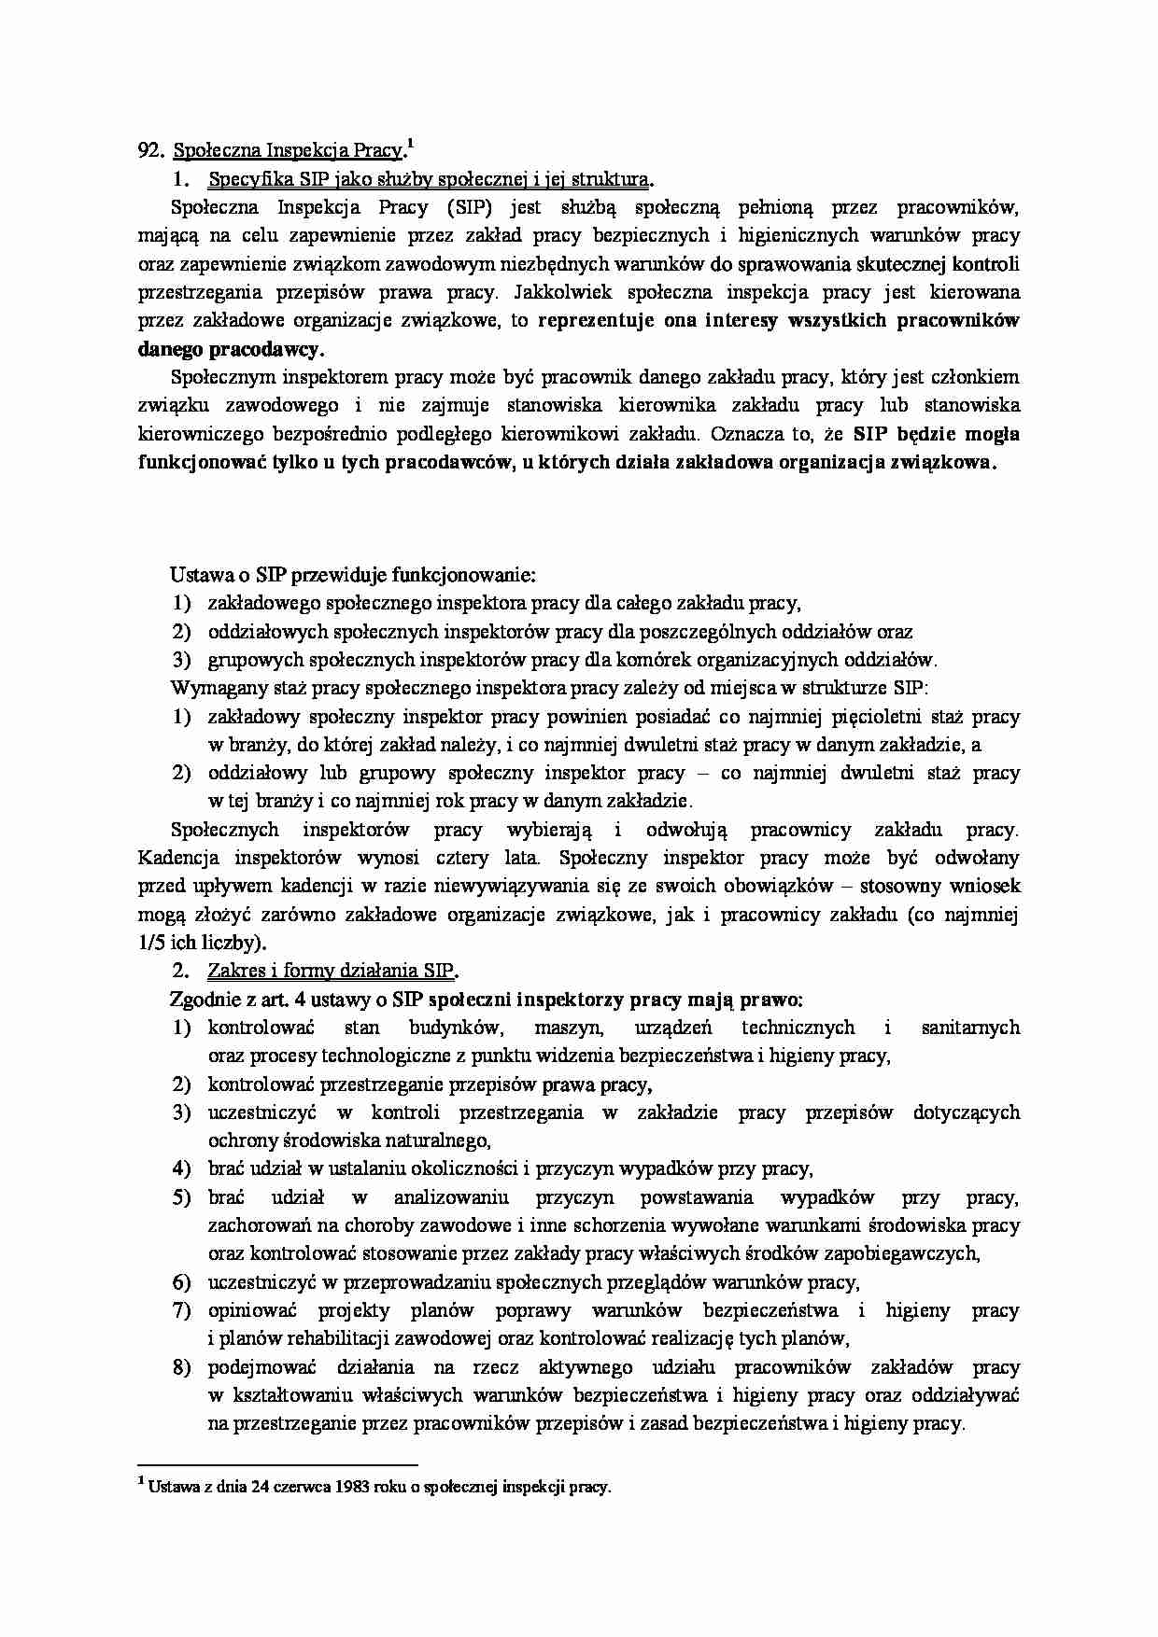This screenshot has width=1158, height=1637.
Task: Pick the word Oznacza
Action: [x=747, y=433]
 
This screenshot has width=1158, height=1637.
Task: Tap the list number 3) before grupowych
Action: [x=181, y=660]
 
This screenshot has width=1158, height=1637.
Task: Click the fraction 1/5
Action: [x=151, y=942]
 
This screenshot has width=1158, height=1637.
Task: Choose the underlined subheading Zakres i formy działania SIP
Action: [x=331, y=971]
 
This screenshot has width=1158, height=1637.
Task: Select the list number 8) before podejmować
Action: [x=181, y=1367]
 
